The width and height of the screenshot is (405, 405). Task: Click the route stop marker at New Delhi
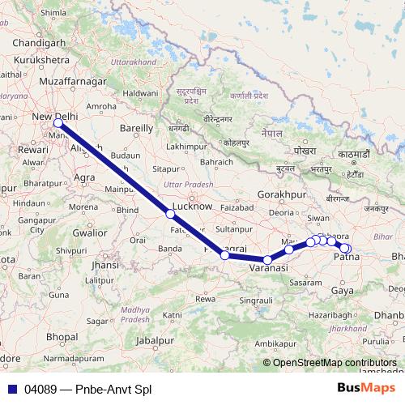pyautogui.click(x=58, y=123)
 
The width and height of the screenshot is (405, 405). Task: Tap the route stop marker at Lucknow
pyautogui.click(x=170, y=214)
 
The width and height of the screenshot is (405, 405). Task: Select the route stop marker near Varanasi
pyautogui.click(x=267, y=260)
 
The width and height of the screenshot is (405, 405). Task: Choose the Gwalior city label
pyautogui.click(x=90, y=232)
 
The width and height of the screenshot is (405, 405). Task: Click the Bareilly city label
pyautogui.click(x=136, y=128)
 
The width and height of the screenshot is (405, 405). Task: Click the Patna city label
pyautogui.click(x=347, y=258)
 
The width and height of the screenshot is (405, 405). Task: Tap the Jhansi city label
pyautogui.click(x=106, y=264)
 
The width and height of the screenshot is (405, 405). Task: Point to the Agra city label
pyautogui.click(x=84, y=177)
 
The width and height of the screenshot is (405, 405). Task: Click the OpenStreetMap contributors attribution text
pyautogui.click(x=335, y=363)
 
